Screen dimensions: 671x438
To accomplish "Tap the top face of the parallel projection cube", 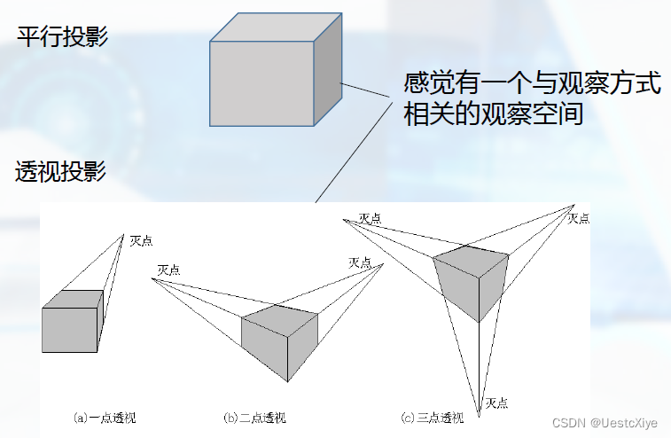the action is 274,28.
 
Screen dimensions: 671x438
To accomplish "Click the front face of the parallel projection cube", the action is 263,84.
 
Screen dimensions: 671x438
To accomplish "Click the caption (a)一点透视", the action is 105,416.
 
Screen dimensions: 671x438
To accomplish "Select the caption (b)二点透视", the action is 254,417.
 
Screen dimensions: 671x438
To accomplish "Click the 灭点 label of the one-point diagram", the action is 142,240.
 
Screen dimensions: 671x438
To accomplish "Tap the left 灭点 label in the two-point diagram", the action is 168,270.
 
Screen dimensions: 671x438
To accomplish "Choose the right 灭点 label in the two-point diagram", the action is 360,262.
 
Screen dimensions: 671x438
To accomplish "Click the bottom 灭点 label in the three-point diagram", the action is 496,403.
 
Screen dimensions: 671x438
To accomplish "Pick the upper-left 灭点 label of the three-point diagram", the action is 371,217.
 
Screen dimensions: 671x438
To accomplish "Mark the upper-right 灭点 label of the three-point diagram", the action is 579,218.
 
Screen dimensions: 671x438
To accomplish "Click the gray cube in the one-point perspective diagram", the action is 71,328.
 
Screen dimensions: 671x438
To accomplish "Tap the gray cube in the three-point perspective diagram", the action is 472,279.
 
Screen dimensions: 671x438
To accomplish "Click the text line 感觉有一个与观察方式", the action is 532,85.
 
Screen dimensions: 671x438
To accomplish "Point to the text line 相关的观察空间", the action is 493,114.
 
